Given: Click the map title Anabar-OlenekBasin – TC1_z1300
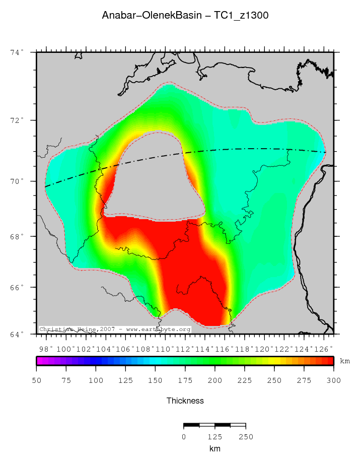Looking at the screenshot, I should click(x=185, y=16).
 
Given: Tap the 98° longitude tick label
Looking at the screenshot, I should click(x=47, y=348).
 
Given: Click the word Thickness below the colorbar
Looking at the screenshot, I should click(x=185, y=401).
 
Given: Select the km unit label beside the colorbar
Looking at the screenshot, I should click(x=345, y=361).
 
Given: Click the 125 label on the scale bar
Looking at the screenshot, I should click(x=214, y=437).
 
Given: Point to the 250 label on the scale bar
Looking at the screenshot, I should click(x=245, y=437).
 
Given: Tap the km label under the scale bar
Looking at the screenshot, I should click(x=214, y=448).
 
